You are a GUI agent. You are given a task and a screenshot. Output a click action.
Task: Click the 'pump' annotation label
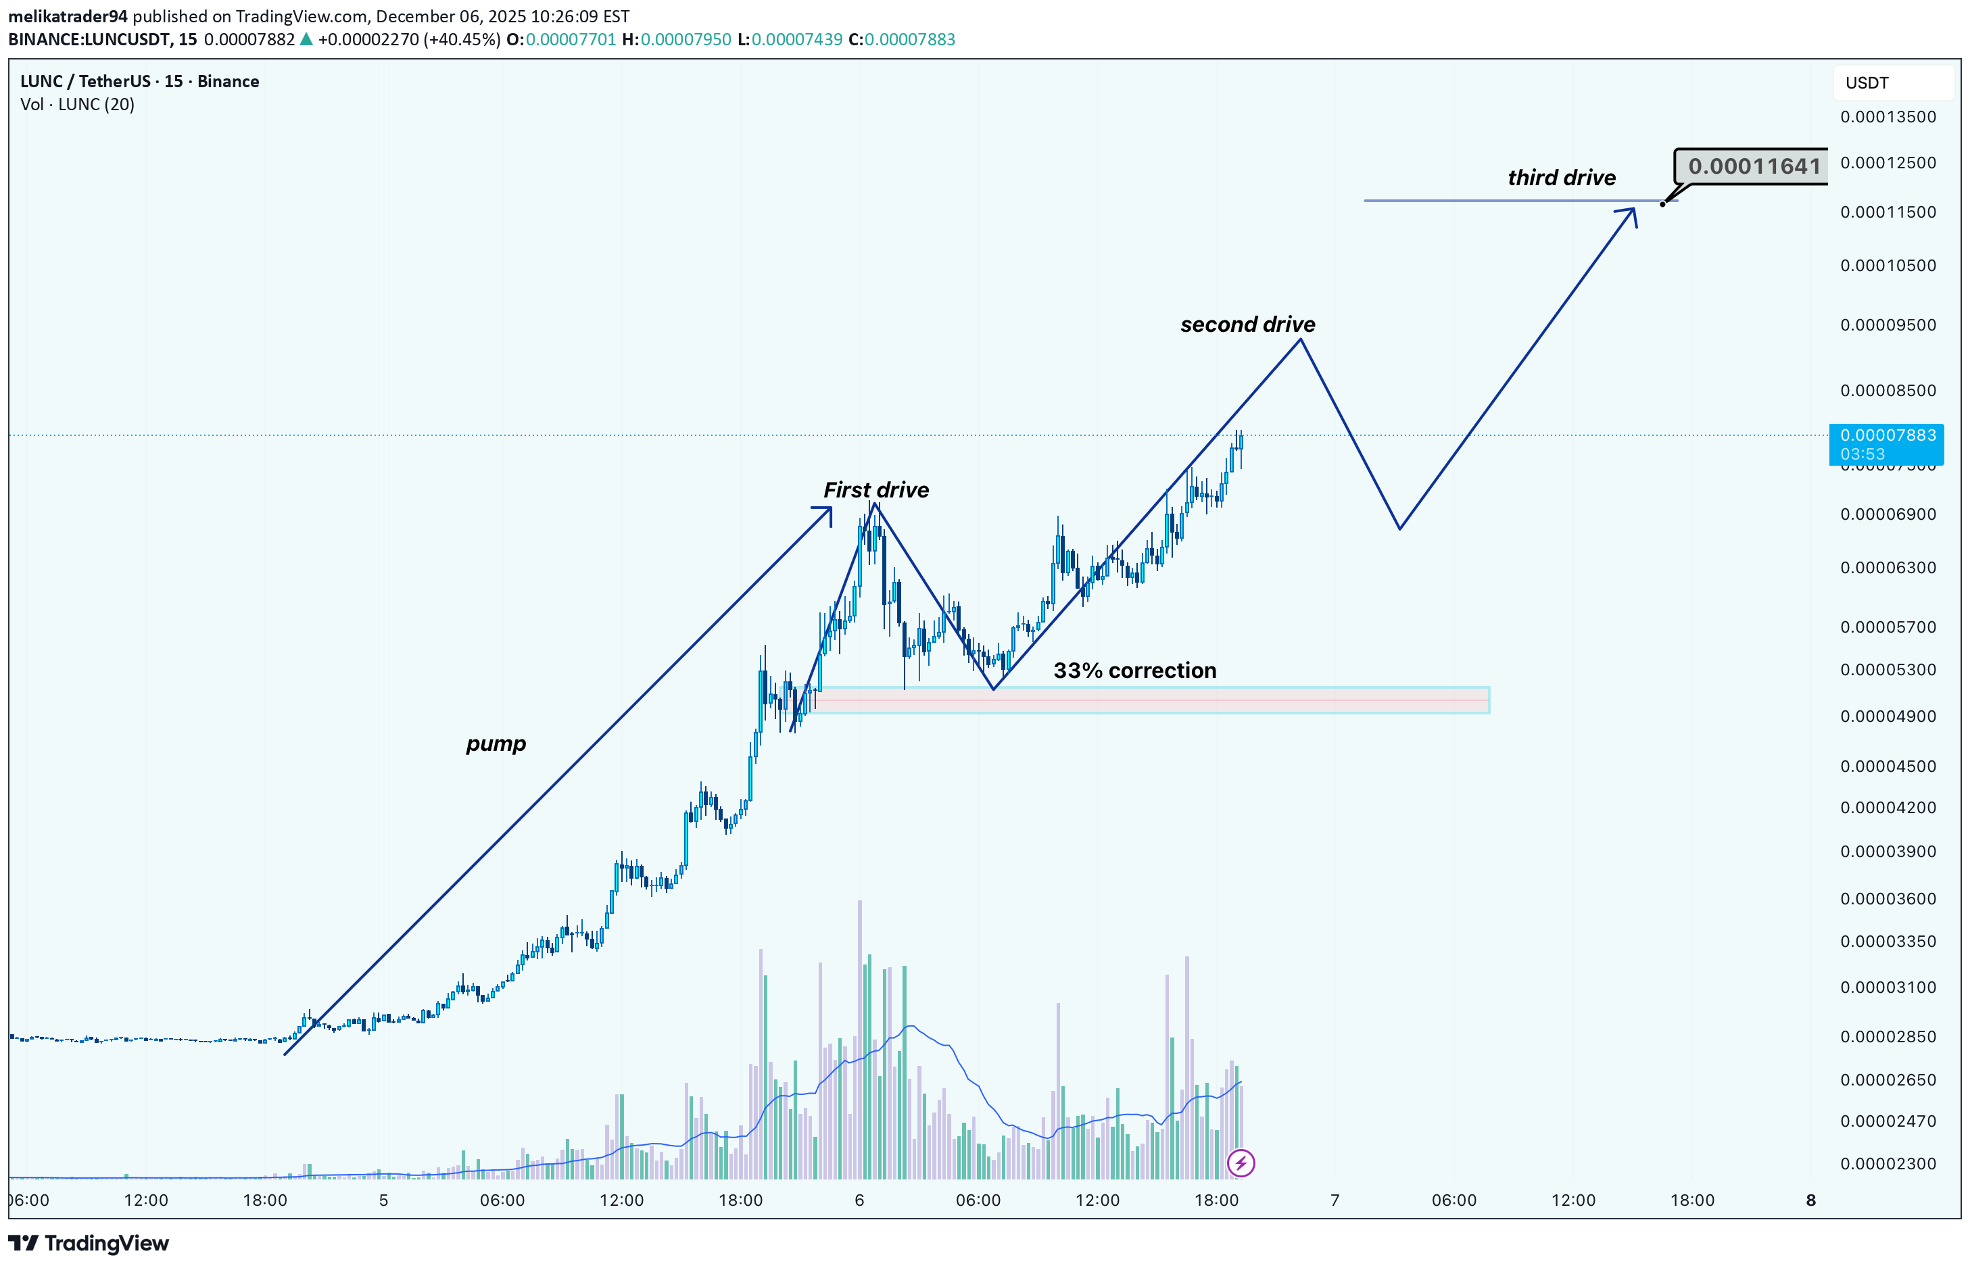pyautogui.click(x=495, y=743)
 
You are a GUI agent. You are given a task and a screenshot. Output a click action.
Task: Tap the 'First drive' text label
pyautogui.click(x=875, y=490)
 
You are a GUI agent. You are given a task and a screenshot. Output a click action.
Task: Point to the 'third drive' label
pyautogui.click(x=1561, y=178)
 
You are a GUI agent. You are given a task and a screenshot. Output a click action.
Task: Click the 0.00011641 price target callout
pyautogui.click(x=1754, y=166)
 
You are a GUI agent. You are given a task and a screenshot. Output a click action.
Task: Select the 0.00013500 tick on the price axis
pyautogui.click(x=1888, y=117)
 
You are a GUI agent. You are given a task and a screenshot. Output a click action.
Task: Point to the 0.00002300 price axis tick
pyautogui.click(x=1888, y=1163)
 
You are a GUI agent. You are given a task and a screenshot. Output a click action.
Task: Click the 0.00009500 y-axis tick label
pyautogui.click(x=1888, y=325)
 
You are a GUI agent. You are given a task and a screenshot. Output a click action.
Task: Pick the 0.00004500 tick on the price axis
pyautogui.click(x=1888, y=766)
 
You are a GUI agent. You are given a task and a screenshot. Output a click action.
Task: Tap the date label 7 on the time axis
pyautogui.click(x=1335, y=1200)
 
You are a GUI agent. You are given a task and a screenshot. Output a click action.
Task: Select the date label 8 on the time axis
pyautogui.click(x=1810, y=1200)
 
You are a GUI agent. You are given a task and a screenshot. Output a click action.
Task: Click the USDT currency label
pyautogui.click(x=1867, y=83)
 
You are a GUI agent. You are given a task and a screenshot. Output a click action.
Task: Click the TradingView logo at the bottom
pyautogui.click(x=89, y=1243)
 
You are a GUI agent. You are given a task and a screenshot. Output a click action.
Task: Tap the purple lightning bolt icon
pyautogui.click(x=1241, y=1163)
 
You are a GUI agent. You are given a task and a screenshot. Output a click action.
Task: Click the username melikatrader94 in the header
pyautogui.click(x=68, y=16)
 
